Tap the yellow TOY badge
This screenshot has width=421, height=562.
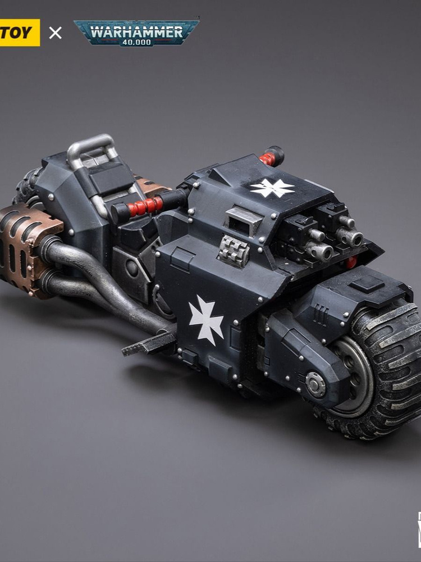20,32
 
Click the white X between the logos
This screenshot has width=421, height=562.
56,33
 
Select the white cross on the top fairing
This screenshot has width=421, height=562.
272,187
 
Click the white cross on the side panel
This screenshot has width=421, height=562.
206,320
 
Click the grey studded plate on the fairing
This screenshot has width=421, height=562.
234,250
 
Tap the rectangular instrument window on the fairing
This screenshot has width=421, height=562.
241,220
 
